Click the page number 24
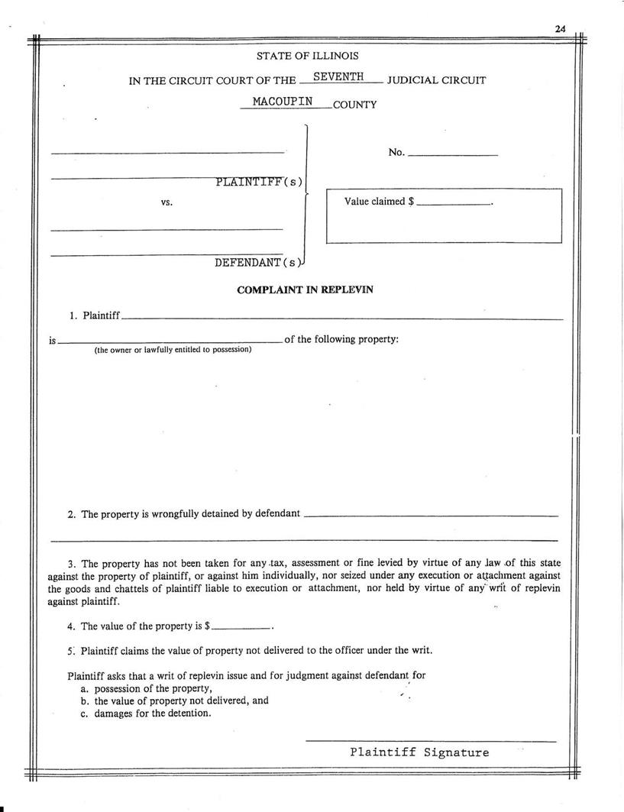click(560, 29)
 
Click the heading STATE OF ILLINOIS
click(307, 56)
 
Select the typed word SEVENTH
click(338, 77)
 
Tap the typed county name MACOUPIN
click(283, 102)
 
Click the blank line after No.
click(452, 155)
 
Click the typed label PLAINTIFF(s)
click(259, 182)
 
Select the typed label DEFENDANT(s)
click(258, 263)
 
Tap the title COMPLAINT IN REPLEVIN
click(305, 290)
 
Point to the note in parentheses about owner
click(173, 350)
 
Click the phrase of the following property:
click(341, 339)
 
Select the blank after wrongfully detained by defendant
click(431, 516)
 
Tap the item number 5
click(70, 651)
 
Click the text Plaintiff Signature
click(419, 752)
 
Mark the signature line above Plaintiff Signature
click(431, 740)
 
